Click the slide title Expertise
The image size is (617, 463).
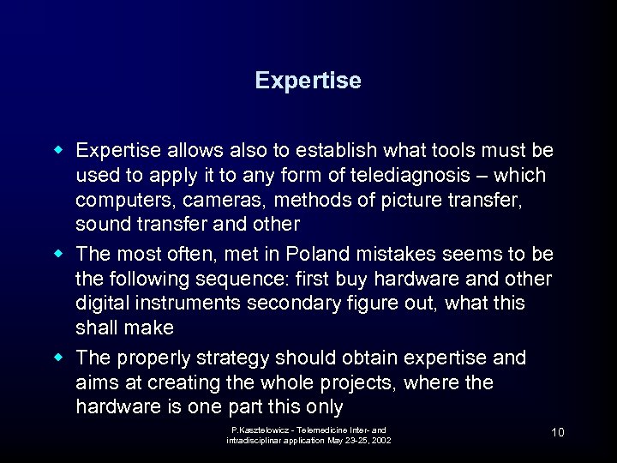[308, 81]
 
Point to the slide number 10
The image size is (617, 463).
[557, 432]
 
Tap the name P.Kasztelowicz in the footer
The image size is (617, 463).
[259, 430]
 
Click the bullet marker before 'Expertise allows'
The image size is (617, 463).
[61, 151]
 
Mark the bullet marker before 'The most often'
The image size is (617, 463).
[61, 255]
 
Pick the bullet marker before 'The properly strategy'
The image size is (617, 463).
[61, 358]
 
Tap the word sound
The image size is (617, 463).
[99, 225]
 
